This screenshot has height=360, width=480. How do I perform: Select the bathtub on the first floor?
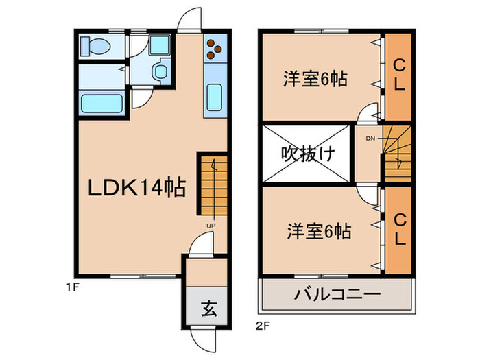coord(101,104)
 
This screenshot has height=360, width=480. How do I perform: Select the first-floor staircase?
coord(213,184)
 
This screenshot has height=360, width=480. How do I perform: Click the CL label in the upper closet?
coord(399,74)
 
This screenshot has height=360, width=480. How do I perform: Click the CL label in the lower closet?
coord(399,230)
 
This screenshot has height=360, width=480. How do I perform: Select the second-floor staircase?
coord(396,154)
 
